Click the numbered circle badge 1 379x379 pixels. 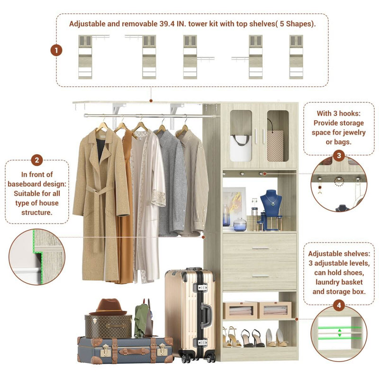coord(56,49)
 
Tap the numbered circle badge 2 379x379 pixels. coord(37,160)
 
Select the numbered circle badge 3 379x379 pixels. coord(339,155)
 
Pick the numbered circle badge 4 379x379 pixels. coord(339,306)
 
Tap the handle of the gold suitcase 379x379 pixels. coord(207,313)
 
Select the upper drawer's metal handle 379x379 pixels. coord(260,248)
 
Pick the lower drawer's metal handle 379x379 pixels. coord(260,276)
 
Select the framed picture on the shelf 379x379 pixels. coord(234,206)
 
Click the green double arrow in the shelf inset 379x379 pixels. coord(339,332)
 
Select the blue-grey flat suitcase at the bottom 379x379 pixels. coord(126,350)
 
